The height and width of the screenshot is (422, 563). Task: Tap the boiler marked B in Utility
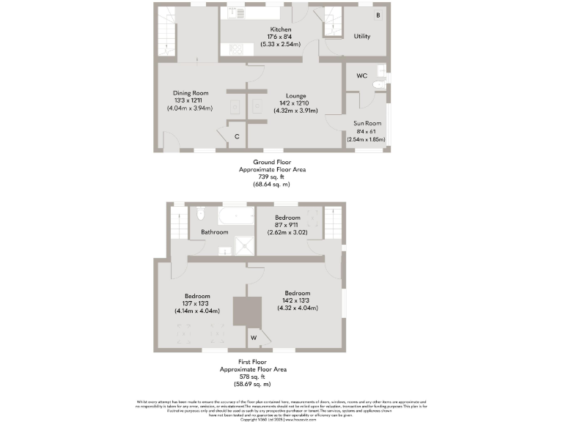(378, 15)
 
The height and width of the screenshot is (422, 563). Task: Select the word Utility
(361, 36)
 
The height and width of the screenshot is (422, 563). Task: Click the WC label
(361, 76)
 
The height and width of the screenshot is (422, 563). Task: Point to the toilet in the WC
(378, 85)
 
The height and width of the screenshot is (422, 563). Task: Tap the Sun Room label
(366, 124)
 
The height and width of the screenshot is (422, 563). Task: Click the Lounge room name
(295, 95)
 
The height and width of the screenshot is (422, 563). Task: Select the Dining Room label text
(191, 93)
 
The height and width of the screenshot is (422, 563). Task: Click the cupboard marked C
(237, 136)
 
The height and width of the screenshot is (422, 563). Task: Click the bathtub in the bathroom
(232, 216)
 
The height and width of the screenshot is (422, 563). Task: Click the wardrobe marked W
(254, 338)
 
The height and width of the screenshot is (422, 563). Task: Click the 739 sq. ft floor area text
(273, 177)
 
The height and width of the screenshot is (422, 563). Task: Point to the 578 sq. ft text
(252, 377)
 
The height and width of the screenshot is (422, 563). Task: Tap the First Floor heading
(253, 362)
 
